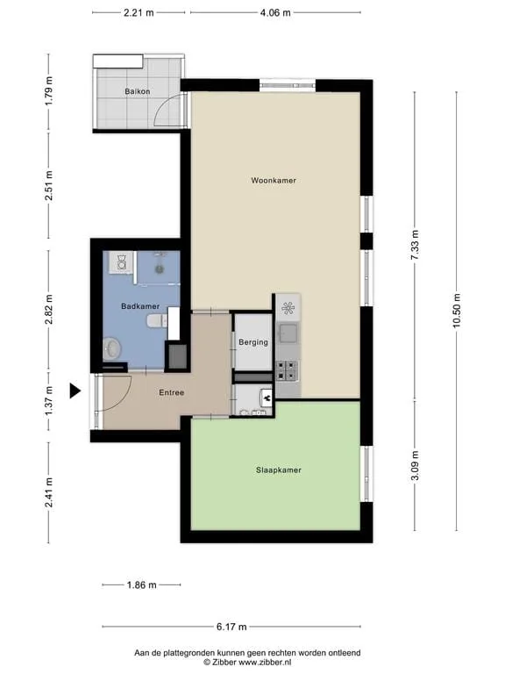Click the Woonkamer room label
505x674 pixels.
274,181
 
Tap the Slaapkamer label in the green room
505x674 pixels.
279,470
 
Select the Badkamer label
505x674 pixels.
140,306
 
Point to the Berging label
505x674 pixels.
253,342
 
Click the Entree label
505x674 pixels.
171,392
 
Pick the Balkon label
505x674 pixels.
138,91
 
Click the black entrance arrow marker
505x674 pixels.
75,391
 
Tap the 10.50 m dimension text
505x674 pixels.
456,311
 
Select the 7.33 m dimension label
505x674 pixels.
415,245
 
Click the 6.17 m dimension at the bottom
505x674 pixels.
231,627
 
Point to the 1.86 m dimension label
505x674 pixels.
142,585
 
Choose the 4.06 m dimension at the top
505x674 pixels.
275,13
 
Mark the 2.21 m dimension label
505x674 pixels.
139,13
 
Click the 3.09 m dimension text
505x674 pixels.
415,467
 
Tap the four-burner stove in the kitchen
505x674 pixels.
287,370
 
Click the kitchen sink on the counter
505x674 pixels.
288,332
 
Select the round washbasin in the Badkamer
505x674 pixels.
112,348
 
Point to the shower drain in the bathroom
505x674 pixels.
160,269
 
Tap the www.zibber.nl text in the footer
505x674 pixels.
265,663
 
